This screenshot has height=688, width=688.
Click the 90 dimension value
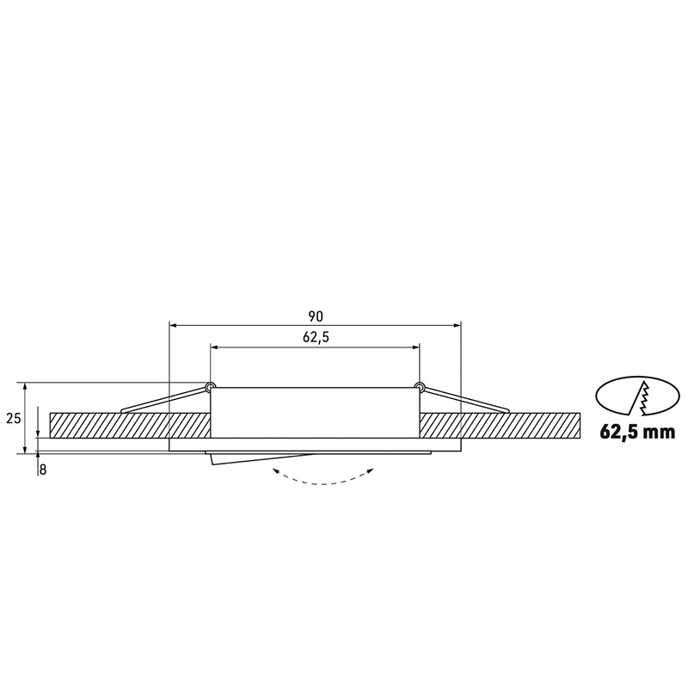coord(316,316)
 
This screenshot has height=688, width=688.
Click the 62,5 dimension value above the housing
coord(316,337)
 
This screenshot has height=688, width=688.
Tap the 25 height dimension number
coord(13,419)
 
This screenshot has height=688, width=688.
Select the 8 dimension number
coord(43,470)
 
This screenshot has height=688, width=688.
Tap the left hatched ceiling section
coord(129,425)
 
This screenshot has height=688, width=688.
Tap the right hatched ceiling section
coord(499,425)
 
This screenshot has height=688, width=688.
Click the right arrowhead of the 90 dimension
coord(457,326)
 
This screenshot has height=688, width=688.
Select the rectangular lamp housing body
coord(316,413)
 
